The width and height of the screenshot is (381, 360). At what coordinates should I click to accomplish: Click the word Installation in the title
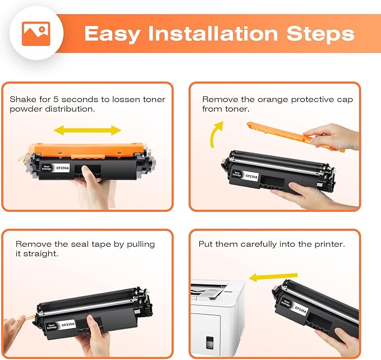[x=213, y=34]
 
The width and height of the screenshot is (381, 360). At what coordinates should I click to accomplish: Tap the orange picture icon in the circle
[x=36, y=34]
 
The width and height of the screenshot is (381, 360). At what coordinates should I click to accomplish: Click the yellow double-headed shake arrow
[x=88, y=130]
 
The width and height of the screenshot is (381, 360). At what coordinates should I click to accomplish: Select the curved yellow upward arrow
[x=216, y=134]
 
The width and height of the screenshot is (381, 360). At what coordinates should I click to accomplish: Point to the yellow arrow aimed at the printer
[x=273, y=277]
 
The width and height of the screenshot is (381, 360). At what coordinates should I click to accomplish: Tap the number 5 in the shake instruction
[x=56, y=99]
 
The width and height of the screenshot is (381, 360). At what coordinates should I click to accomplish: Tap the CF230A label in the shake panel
[x=62, y=168]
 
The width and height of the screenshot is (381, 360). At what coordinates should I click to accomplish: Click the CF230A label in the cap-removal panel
[x=251, y=177]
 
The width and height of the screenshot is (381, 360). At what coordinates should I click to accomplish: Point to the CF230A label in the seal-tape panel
[x=68, y=324]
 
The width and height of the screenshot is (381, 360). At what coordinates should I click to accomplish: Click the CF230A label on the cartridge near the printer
[x=301, y=310]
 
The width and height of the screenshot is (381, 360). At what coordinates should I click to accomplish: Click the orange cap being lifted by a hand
[x=295, y=136]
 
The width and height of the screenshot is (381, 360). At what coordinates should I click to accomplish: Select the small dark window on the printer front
[x=209, y=343]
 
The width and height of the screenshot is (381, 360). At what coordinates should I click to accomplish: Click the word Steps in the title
[x=320, y=34]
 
